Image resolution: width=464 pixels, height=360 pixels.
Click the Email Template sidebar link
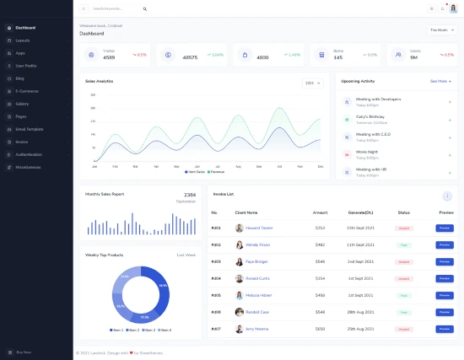(x=30, y=129)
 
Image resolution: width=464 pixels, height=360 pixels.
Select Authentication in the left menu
(x=30, y=154)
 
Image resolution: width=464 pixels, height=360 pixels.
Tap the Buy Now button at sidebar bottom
(x=24, y=352)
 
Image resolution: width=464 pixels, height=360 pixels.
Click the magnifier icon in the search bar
(x=145, y=8)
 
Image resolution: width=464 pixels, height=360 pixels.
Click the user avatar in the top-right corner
(x=453, y=8)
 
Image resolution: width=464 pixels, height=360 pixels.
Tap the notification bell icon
(x=442, y=8)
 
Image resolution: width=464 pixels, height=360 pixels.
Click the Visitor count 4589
(x=109, y=57)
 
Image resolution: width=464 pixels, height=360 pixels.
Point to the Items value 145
(x=315, y=57)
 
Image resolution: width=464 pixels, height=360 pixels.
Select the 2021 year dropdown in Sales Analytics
(x=311, y=83)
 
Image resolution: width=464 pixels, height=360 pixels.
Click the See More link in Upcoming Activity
(x=440, y=82)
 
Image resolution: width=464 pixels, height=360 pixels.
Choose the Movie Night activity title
(x=368, y=152)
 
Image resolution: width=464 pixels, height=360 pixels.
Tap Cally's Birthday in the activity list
(x=370, y=116)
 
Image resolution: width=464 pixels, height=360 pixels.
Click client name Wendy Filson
(x=259, y=244)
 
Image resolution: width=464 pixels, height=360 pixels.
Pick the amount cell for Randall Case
(x=320, y=312)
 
